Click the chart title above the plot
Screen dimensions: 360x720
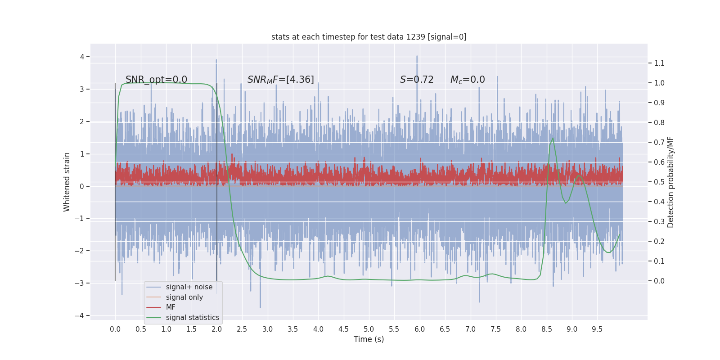[x=369, y=37]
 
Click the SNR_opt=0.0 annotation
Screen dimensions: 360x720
[x=156, y=80]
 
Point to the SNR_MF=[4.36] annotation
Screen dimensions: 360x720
[x=280, y=80]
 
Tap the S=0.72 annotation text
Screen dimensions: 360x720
[x=417, y=80]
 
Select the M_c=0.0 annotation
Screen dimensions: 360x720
[x=468, y=80]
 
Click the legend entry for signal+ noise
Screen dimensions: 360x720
[x=189, y=287]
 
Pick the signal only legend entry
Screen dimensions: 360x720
[x=184, y=297]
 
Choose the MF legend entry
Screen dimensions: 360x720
[x=171, y=307]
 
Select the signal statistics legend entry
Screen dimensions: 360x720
[x=193, y=318]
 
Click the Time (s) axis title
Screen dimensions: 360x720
[x=369, y=339]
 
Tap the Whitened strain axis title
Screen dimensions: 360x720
[x=67, y=182]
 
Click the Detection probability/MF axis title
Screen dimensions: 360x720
[x=670, y=182]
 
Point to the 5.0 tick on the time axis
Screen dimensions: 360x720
[x=369, y=329]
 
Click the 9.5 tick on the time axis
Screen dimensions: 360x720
[x=597, y=329]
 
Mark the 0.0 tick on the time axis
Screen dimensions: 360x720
[x=115, y=329]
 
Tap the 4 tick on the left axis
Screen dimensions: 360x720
[x=82, y=57]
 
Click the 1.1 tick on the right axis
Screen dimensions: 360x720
[x=659, y=63]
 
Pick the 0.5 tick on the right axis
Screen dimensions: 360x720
[x=659, y=182]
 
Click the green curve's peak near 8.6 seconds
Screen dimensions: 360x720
[x=553, y=138]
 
